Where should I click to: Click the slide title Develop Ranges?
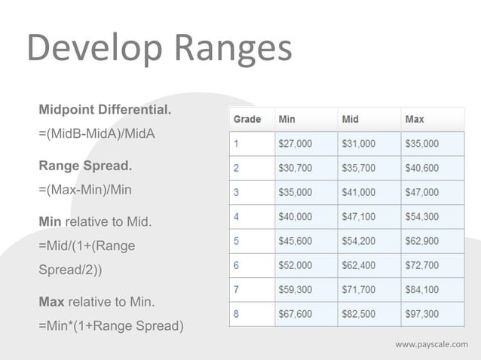click(159, 49)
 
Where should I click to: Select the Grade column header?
click(247, 119)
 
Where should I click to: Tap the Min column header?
click(287, 119)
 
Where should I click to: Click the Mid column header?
click(351, 119)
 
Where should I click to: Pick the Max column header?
click(415, 119)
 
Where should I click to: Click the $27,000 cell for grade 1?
click(296, 143)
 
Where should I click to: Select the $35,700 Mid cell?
click(359, 167)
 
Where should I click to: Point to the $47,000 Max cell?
click(422, 192)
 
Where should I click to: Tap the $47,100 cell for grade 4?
click(359, 216)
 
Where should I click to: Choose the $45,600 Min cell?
click(296, 241)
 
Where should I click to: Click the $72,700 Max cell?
click(422, 265)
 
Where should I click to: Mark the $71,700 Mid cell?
click(359, 290)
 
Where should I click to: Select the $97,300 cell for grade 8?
click(422, 314)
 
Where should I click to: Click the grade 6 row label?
click(236, 265)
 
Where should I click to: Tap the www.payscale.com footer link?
click(431, 345)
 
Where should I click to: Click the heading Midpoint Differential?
click(105, 111)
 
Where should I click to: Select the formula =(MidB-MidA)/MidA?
click(96, 134)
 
